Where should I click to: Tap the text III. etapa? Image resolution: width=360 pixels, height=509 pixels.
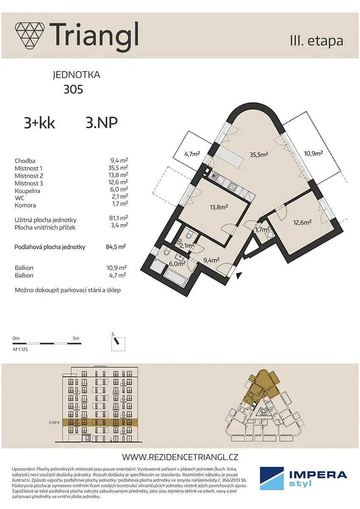(x=317, y=41)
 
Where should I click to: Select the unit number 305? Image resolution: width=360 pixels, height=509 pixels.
(x=73, y=89)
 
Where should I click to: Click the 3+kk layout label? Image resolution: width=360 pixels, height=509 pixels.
(x=39, y=123)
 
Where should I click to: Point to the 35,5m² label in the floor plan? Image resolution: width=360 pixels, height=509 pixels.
(x=259, y=154)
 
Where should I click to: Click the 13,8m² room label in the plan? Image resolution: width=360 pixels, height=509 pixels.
(x=219, y=207)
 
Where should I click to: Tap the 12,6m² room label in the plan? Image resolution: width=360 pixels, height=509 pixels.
(x=302, y=222)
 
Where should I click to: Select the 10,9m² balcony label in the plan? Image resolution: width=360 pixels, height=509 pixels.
(x=313, y=154)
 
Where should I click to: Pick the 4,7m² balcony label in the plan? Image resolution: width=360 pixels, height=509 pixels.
(x=192, y=154)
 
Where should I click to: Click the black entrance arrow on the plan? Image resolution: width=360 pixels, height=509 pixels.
(x=239, y=276)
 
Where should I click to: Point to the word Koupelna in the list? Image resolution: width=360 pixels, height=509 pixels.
(x=27, y=191)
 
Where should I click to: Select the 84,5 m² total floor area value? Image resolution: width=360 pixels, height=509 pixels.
(x=116, y=247)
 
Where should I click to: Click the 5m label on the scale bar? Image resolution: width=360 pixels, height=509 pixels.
(x=76, y=338)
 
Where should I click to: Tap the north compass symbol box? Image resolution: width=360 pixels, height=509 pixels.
(x=118, y=344)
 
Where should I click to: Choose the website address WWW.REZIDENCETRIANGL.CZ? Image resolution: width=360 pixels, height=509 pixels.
(x=180, y=450)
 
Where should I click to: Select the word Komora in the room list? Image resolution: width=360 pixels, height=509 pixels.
(x=25, y=205)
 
